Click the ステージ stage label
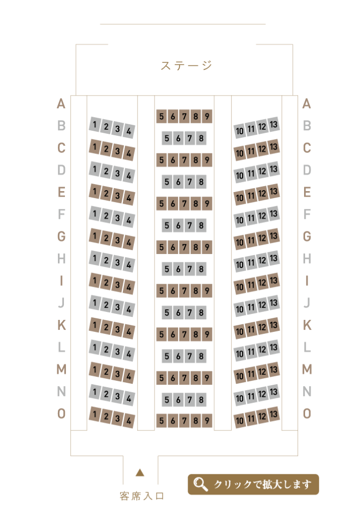tap(186, 65)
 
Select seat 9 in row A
tap(207, 116)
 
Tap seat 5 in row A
tap(162, 116)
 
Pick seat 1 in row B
tap(95, 124)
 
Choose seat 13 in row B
tap(273, 124)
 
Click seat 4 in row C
tap(129, 153)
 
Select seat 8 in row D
tap(201, 182)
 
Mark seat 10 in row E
tap(240, 198)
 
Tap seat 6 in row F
tap(178, 225)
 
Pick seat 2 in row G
tap(106, 238)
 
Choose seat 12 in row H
tap(262, 260)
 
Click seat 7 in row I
tap(184, 291)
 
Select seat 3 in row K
tap(117, 329)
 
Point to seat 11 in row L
tap(251, 352)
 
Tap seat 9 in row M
tap(207, 378)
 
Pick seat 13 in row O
tap(273, 414)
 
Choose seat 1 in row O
tap(95, 414)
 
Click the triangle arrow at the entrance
tap(140, 473)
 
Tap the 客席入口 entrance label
tap(141, 496)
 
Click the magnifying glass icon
tap(200, 484)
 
